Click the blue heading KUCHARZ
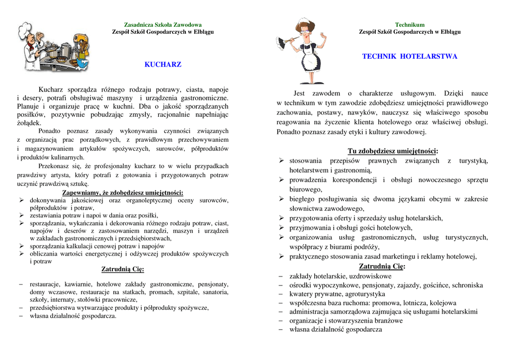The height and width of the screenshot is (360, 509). (x=163, y=65)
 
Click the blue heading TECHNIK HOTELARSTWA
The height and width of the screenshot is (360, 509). (x=410, y=57)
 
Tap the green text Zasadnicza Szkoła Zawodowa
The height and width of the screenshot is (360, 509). (x=163, y=25)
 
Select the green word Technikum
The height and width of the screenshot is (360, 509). (x=410, y=25)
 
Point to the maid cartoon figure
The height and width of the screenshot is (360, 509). (x=304, y=51)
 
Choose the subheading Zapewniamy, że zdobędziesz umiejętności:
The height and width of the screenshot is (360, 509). (x=123, y=193)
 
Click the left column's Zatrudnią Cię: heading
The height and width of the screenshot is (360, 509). (x=123, y=270)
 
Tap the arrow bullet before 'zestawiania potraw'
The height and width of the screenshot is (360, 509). (x=21, y=215)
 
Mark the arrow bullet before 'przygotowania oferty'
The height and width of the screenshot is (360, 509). (x=281, y=218)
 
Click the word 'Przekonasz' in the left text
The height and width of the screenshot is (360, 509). (x=54, y=166)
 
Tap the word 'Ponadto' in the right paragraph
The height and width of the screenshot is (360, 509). (x=288, y=132)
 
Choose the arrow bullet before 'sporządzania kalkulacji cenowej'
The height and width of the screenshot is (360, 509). (x=21, y=246)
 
